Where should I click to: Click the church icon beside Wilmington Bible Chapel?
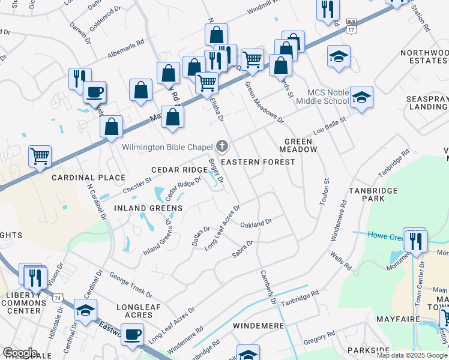222,146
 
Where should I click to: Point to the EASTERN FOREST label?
258,162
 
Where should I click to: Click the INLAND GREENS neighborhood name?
148,208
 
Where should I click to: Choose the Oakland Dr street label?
256,224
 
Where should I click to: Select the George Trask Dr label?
131,284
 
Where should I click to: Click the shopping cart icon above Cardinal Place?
40,156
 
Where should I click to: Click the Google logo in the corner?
20,353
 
